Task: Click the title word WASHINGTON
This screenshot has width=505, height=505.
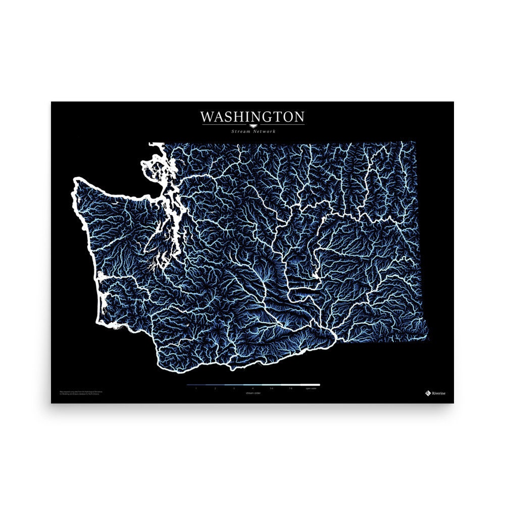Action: coord(252,117)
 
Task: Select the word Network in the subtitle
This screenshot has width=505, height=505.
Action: coord(265,131)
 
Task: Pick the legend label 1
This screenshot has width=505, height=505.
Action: coord(196,388)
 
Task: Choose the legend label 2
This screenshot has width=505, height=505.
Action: coord(215,388)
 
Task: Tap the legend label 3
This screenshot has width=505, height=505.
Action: coord(234,388)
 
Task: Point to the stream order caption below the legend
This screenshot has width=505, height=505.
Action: coord(252,392)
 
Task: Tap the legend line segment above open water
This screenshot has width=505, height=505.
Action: coord(310,385)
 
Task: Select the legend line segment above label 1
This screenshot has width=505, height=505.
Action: coord(196,385)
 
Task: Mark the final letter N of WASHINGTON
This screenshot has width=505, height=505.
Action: coord(298,117)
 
